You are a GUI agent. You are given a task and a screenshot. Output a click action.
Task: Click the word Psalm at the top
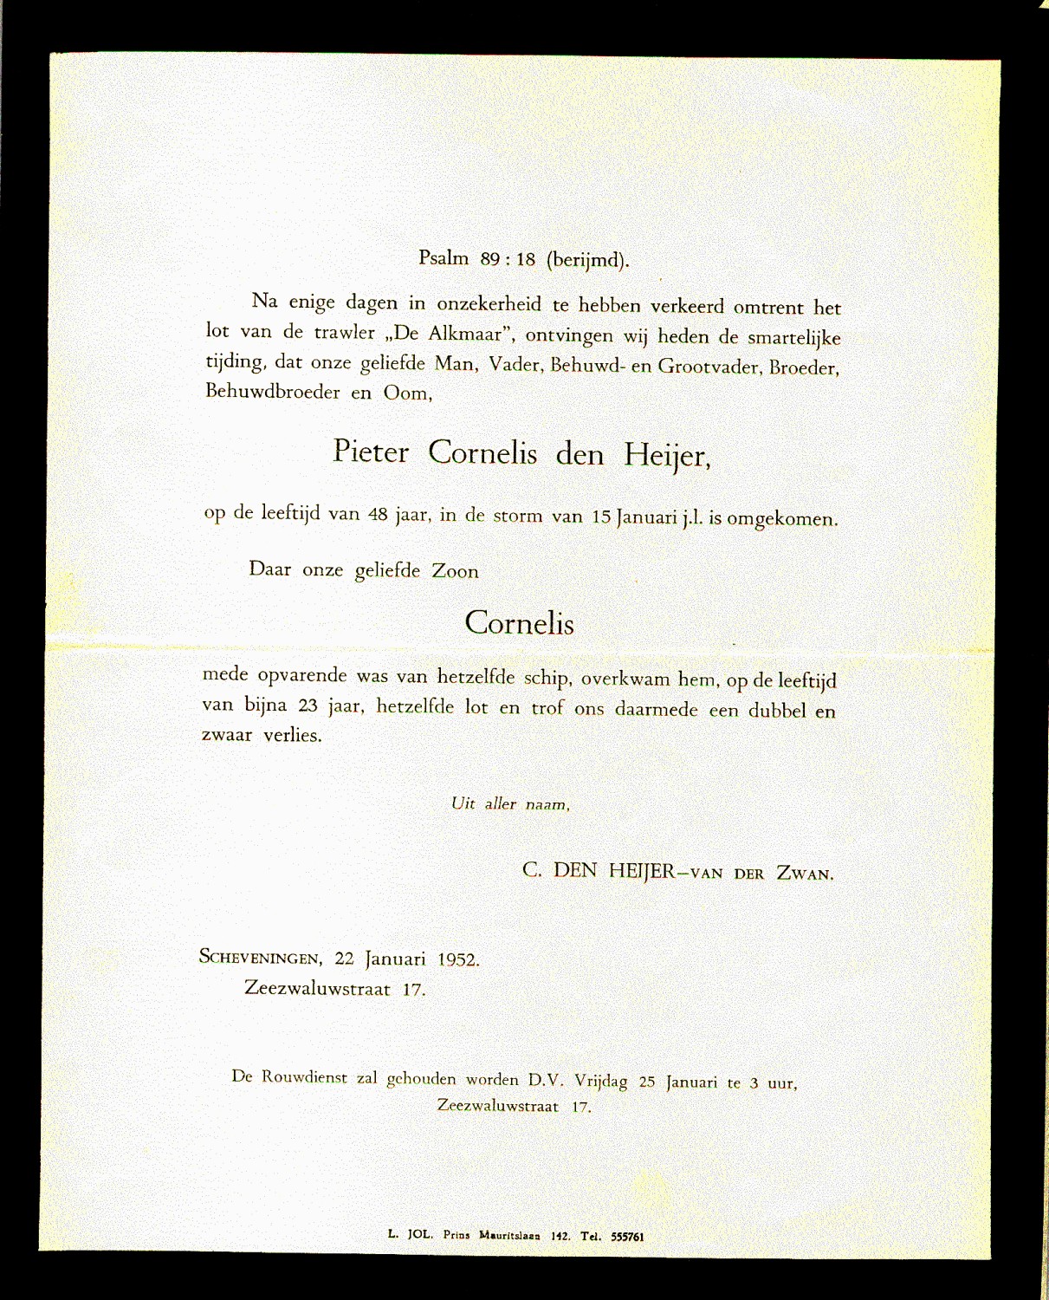tap(444, 257)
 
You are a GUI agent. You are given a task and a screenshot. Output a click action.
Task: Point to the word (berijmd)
tap(587, 259)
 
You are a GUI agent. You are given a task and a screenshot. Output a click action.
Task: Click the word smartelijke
tap(794, 337)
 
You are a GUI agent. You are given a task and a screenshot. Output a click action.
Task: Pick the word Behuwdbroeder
tap(273, 392)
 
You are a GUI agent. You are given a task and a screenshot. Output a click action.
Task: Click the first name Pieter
tap(371, 452)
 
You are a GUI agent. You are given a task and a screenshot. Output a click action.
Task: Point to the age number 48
tap(378, 514)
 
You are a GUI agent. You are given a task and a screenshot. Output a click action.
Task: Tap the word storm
tap(518, 517)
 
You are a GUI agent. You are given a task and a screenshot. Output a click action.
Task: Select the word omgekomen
tap(781, 519)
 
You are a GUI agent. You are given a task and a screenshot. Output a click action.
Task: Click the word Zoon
tap(456, 571)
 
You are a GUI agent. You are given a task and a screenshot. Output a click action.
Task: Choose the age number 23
tap(308, 705)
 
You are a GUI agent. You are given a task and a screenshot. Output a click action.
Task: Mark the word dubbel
tap(777, 711)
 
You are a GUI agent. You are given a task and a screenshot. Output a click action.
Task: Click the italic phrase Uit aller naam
tap(510, 803)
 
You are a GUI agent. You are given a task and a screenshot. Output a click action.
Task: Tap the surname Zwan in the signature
tap(805, 874)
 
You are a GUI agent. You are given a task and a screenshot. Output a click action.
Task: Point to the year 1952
tap(458, 959)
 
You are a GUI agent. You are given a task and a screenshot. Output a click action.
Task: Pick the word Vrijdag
tap(601, 1081)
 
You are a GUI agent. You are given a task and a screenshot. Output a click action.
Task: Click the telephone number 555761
tap(626, 1237)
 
